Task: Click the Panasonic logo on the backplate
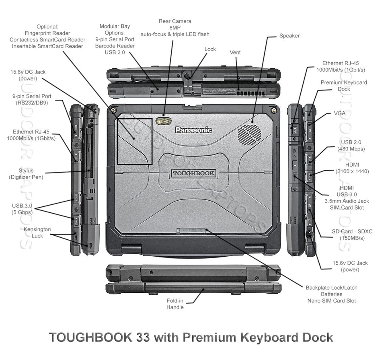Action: (193, 130)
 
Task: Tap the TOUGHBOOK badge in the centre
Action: (193, 174)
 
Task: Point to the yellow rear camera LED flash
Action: (164, 120)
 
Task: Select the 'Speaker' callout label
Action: (289, 36)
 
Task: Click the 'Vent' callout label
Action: (235, 52)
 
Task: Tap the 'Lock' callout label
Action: (210, 49)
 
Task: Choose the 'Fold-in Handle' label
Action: (175, 304)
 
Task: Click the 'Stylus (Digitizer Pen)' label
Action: (26, 174)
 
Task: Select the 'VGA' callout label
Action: (339, 113)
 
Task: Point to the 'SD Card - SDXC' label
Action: (352, 235)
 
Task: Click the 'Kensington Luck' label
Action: (37, 232)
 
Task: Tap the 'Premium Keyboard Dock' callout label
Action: (344, 86)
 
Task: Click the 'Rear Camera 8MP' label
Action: (175, 27)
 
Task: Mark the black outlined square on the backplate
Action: (134, 141)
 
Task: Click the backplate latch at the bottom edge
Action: (191, 230)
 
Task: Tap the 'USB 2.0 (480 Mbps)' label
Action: (351, 146)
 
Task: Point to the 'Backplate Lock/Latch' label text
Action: (331, 288)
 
